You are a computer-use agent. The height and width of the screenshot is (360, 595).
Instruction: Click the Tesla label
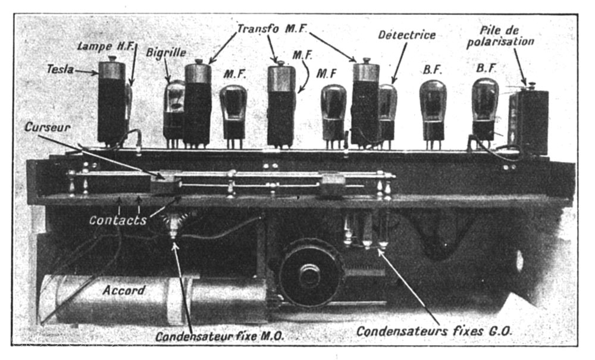60,69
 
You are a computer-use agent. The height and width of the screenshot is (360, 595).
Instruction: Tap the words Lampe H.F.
106,46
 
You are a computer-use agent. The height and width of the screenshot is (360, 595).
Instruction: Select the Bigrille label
166,53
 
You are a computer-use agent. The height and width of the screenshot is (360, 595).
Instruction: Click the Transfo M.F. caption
272,29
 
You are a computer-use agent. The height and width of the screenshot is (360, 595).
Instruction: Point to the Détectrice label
407,35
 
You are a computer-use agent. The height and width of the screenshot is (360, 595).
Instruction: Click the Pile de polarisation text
500,36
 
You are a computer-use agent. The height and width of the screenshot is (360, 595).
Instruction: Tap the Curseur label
48,127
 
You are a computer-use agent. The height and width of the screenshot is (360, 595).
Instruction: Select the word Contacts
118,220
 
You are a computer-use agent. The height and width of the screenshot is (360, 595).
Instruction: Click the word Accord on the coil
124,290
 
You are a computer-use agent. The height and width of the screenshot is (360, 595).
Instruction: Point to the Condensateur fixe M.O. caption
220,336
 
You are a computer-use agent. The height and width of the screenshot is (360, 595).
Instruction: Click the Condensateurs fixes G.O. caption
434,331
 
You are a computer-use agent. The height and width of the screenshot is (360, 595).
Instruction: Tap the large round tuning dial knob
311,272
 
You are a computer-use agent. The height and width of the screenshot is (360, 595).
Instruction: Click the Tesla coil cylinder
112,101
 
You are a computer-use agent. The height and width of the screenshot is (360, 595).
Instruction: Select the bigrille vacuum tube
174,111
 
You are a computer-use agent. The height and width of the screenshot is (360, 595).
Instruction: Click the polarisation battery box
528,121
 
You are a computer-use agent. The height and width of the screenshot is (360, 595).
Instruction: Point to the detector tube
387,114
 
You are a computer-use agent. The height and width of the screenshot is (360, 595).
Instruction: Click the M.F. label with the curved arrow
302,55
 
